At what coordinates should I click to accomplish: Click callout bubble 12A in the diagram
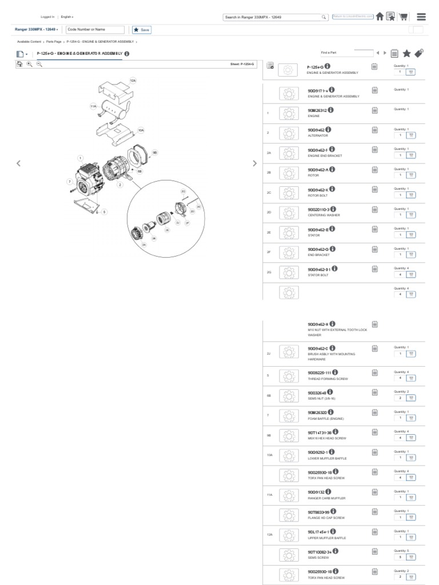[x=133, y=81]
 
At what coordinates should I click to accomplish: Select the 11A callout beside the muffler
[x=93, y=106]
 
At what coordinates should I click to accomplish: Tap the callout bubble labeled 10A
[x=141, y=130]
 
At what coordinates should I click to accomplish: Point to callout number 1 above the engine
[x=81, y=157]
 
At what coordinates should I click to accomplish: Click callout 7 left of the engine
[x=69, y=181]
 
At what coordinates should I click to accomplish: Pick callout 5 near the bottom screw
[x=104, y=211]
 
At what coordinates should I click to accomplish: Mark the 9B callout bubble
[x=154, y=153]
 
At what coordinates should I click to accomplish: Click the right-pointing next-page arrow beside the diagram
[x=254, y=163]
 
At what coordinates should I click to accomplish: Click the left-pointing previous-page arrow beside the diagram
[x=19, y=163]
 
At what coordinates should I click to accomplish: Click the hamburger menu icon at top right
[x=421, y=17]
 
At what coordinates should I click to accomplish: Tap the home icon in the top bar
[x=380, y=17]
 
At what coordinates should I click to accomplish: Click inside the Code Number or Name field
[x=95, y=29]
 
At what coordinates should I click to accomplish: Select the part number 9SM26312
[x=317, y=110]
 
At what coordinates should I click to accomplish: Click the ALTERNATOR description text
[x=318, y=135]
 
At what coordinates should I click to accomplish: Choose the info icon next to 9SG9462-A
[x=332, y=169]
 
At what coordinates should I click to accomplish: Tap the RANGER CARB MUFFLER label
[x=323, y=498]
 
